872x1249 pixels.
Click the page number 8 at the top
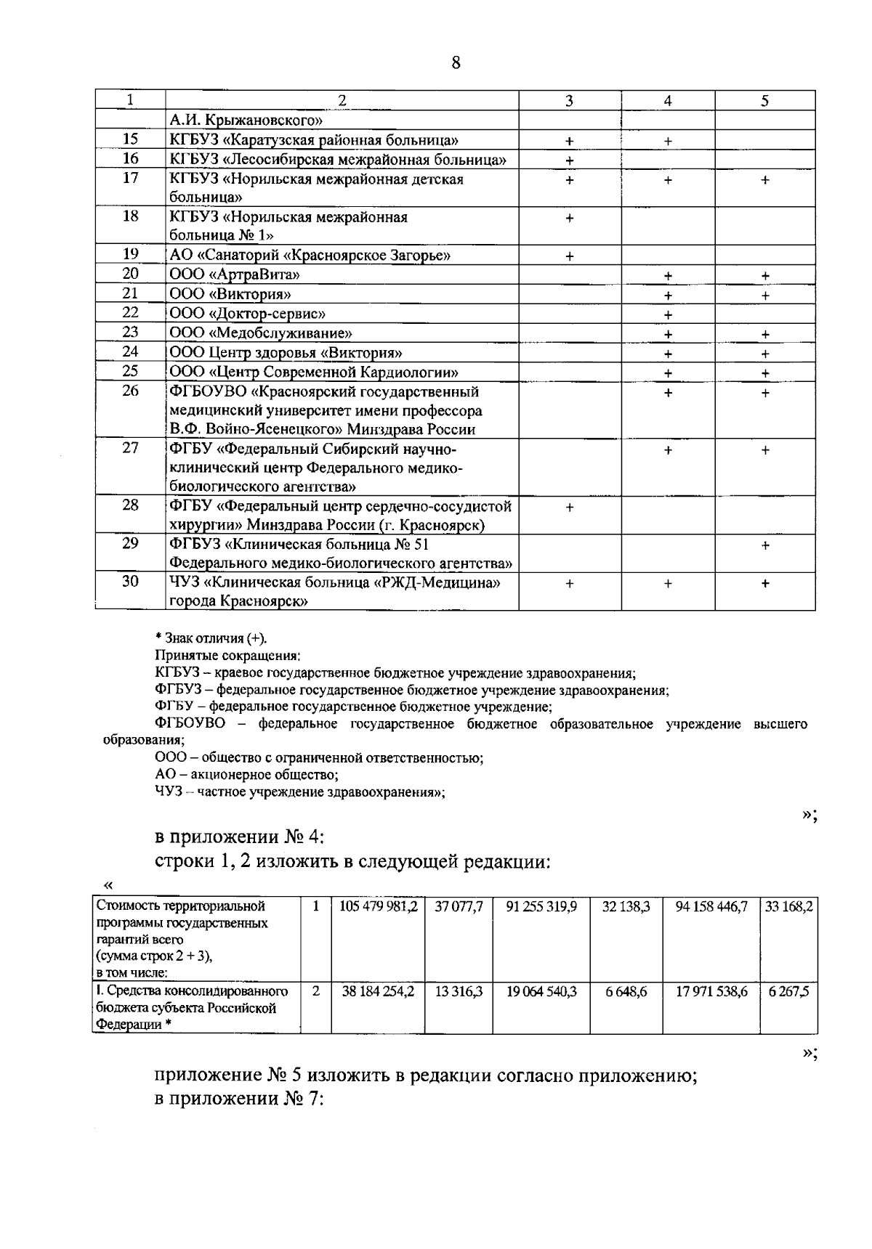pyautogui.click(x=456, y=63)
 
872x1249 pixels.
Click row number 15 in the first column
pyautogui.click(x=130, y=139)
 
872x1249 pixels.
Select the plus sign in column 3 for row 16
pyautogui.click(x=570, y=160)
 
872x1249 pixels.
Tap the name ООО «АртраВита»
pyautogui.click(x=235, y=274)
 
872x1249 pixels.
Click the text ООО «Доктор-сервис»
pyautogui.click(x=247, y=314)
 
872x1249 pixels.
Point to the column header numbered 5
pyautogui.click(x=765, y=101)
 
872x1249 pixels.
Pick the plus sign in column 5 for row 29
pyautogui.click(x=765, y=545)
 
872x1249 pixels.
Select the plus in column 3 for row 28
pyautogui.click(x=570, y=508)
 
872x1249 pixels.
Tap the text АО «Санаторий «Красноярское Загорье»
pyautogui.click(x=310, y=255)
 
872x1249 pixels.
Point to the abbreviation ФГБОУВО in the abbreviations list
pyautogui.click(x=190, y=724)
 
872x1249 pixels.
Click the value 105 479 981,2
pyautogui.click(x=378, y=906)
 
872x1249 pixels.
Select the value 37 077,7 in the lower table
pyautogui.click(x=459, y=906)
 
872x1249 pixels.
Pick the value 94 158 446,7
pyautogui.click(x=711, y=906)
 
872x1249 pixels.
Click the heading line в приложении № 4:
pyautogui.click(x=240, y=837)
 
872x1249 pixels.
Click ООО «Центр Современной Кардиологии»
pyautogui.click(x=313, y=373)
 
